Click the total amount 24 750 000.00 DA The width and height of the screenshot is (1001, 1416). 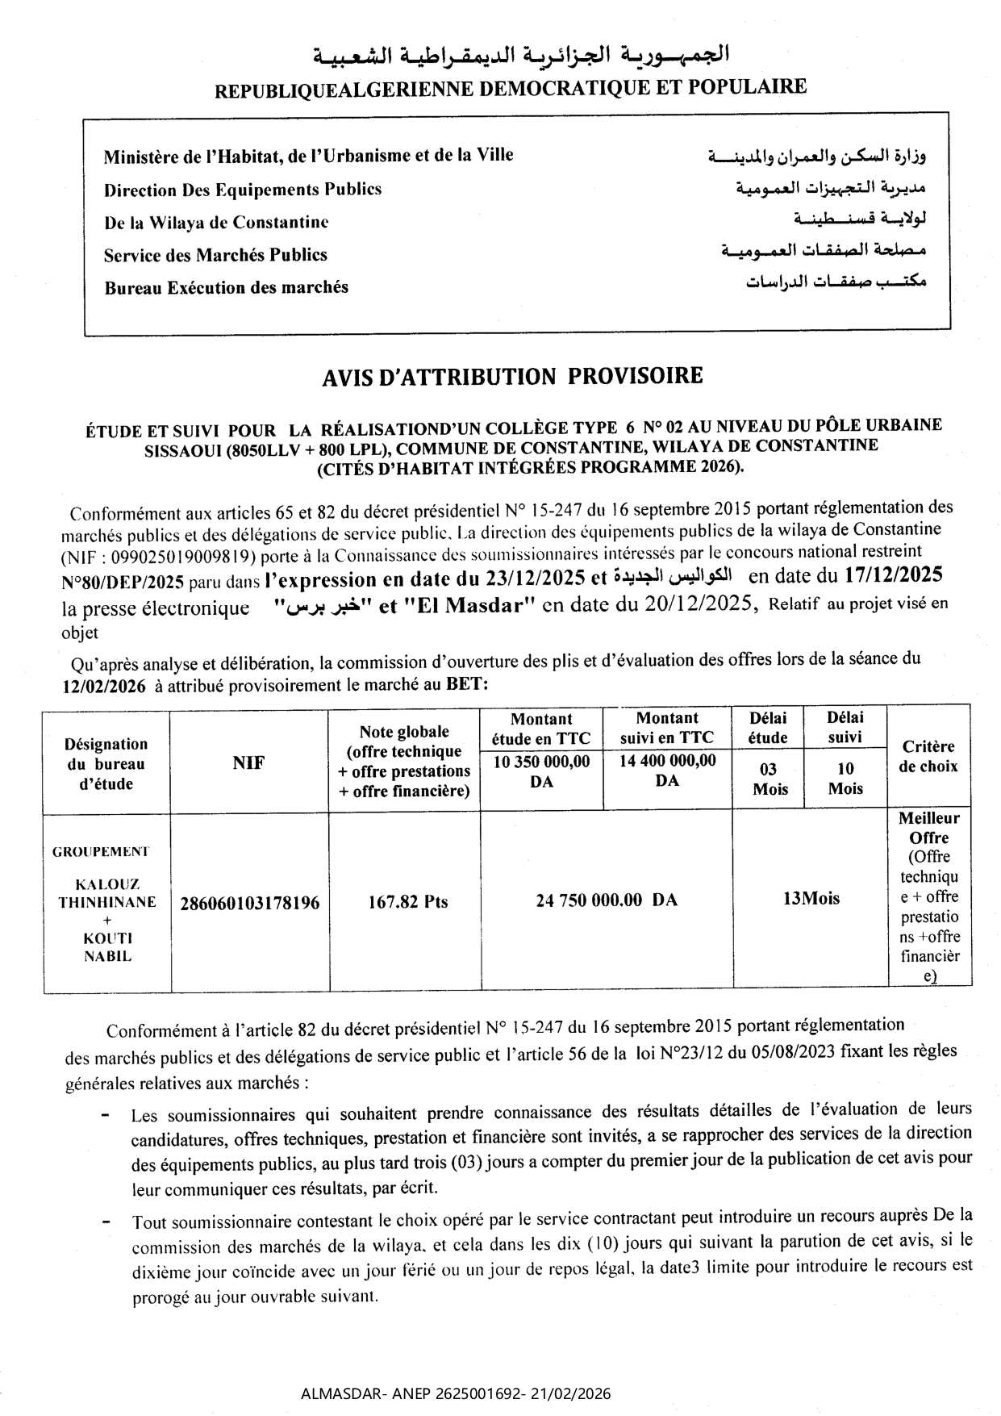click(606, 900)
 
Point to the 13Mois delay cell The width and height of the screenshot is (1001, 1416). click(810, 898)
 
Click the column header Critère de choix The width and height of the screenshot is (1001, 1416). click(928, 756)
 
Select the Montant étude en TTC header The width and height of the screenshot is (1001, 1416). click(540, 728)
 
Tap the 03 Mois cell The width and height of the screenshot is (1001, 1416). click(770, 779)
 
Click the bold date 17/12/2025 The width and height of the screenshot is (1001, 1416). click(893, 575)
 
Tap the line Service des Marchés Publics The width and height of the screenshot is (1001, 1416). click(215, 255)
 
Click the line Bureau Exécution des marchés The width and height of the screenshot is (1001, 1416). click(226, 287)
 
